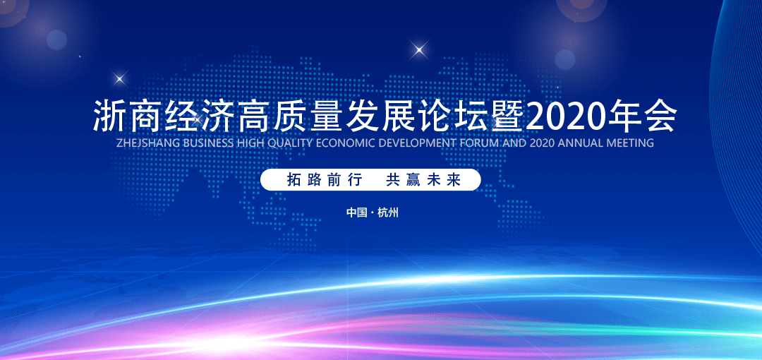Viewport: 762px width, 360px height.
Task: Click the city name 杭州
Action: pos(388,212)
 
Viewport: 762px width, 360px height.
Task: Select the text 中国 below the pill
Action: pos(357,212)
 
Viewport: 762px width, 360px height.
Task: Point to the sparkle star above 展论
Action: pos(419,49)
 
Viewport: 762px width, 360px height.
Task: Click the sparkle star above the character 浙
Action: pos(119,78)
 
